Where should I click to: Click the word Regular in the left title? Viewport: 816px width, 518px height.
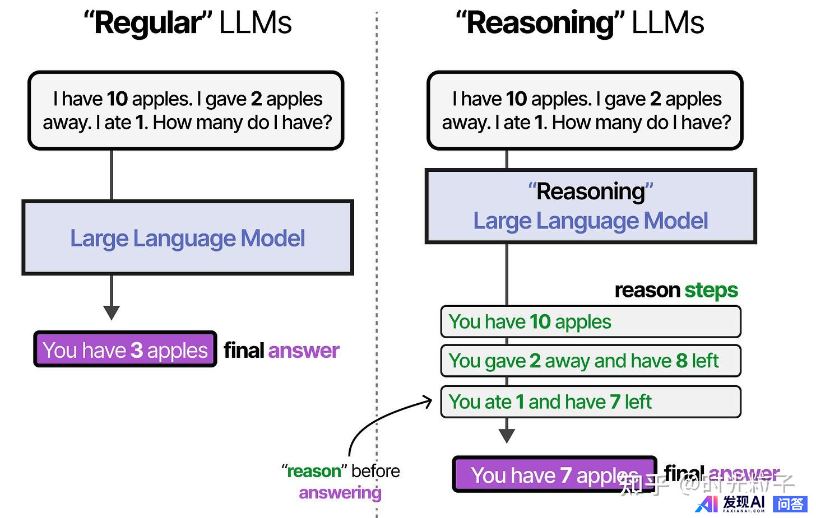point(148,24)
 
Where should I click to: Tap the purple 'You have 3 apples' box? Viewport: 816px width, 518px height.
point(125,350)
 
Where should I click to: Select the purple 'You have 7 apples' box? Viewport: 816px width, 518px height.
point(554,475)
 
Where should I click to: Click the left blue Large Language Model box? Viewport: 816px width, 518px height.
point(188,238)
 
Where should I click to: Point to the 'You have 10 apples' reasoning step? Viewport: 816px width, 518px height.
point(591,322)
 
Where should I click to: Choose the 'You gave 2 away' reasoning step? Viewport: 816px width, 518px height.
point(591,361)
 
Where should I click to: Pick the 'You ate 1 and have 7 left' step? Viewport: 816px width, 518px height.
point(591,402)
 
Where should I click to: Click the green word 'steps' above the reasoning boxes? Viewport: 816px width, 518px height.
point(711,290)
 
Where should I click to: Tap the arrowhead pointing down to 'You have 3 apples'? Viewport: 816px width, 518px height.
point(112,312)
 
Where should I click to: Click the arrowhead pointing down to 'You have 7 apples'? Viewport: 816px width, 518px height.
point(507,436)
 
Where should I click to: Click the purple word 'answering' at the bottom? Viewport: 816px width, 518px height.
point(340,493)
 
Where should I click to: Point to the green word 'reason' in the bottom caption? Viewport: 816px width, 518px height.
point(314,472)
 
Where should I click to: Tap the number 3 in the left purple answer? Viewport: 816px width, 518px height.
point(137,351)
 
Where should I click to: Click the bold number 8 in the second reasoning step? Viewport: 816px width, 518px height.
point(681,361)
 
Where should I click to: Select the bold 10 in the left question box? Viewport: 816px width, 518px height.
point(118,99)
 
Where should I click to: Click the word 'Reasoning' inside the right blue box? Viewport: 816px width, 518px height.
point(591,192)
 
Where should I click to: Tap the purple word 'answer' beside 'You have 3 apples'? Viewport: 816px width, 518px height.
point(304,351)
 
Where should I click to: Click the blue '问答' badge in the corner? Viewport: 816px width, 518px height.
point(790,504)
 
